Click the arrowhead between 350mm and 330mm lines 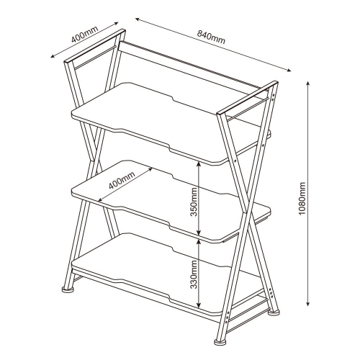coord(199,238)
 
